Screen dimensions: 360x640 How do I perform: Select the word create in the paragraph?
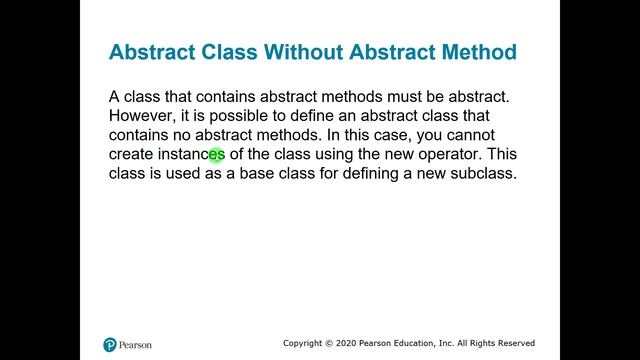tap(133, 154)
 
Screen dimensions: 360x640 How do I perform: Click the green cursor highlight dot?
tap(216, 155)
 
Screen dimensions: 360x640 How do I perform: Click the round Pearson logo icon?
tap(110, 345)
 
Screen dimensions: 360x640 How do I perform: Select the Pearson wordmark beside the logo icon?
tap(136, 346)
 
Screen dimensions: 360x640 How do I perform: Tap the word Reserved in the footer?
tap(513, 342)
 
